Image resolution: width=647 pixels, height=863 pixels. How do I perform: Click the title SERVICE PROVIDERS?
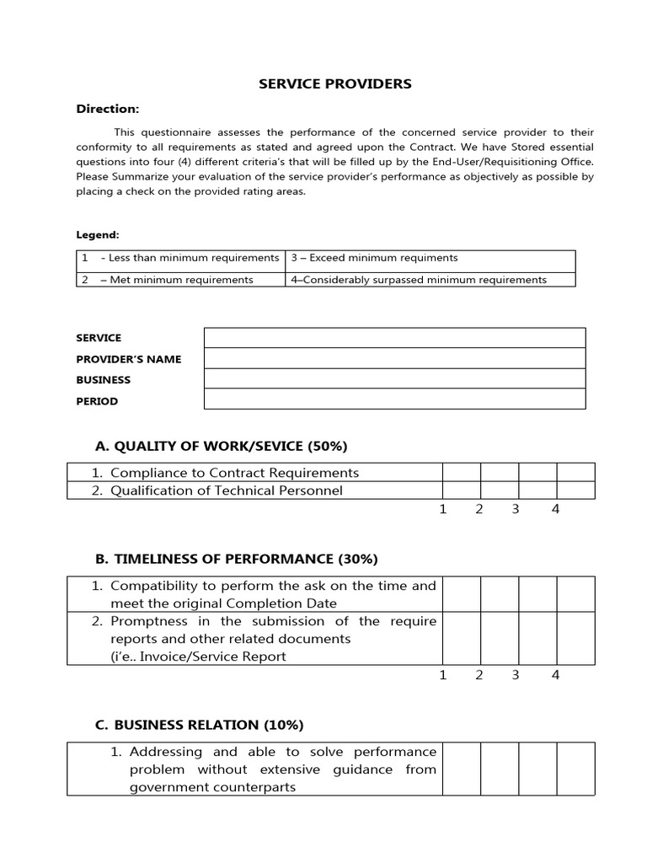(334, 83)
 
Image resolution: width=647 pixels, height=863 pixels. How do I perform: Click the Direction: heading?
(108, 109)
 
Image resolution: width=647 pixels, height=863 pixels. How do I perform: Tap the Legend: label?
(98, 234)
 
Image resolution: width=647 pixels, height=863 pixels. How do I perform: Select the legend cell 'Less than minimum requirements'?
(182, 259)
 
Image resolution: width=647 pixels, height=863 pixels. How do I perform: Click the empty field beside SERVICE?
(394, 338)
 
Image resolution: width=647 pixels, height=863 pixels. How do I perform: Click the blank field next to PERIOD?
(394, 399)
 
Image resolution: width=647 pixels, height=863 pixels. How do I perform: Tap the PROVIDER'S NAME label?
(128, 359)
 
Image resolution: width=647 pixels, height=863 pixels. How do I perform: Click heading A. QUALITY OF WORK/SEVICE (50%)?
(222, 446)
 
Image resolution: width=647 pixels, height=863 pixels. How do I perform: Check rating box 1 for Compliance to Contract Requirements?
(462, 472)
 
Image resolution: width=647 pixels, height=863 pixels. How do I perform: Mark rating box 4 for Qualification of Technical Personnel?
(575, 490)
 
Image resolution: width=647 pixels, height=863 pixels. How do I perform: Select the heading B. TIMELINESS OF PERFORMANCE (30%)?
(237, 559)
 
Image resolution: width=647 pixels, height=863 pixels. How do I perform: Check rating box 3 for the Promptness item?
(537, 639)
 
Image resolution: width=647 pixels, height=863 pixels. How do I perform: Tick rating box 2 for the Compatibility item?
(500, 594)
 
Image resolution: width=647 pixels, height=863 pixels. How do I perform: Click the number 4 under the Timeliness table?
(555, 674)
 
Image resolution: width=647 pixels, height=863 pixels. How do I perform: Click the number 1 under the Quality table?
(442, 509)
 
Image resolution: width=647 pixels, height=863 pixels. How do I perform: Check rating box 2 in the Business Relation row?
(500, 769)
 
